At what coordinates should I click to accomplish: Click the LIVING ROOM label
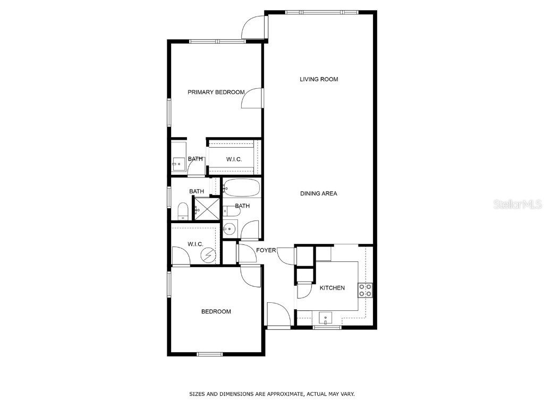pyautogui.click(x=319, y=79)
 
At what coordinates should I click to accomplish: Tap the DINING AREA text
pyautogui.click(x=319, y=193)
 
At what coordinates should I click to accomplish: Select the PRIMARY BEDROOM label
pyautogui.click(x=216, y=92)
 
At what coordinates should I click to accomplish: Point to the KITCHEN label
pyautogui.click(x=332, y=288)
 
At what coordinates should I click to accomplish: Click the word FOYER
pyautogui.click(x=266, y=250)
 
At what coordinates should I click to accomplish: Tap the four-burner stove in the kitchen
pyautogui.click(x=365, y=290)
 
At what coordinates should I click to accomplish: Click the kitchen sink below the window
pyautogui.click(x=325, y=318)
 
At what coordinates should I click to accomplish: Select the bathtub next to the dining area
pyautogui.click(x=242, y=188)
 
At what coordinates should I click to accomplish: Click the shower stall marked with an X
pyautogui.click(x=206, y=208)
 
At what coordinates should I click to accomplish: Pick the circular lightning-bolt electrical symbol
pyautogui.click(x=208, y=256)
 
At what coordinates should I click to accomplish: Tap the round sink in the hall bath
pyautogui.click(x=229, y=229)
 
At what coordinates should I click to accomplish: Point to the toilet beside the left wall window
pyautogui.click(x=182, y=210)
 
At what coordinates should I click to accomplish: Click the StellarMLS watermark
pyautogui.click(x=517, y=204)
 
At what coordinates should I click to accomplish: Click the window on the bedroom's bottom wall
pyautogui.click(x=209, y=354)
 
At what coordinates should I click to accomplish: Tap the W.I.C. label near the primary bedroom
pyautogui.click(x=234, y=159)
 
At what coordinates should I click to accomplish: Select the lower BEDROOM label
pyautogui.click(x=216, y=311)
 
